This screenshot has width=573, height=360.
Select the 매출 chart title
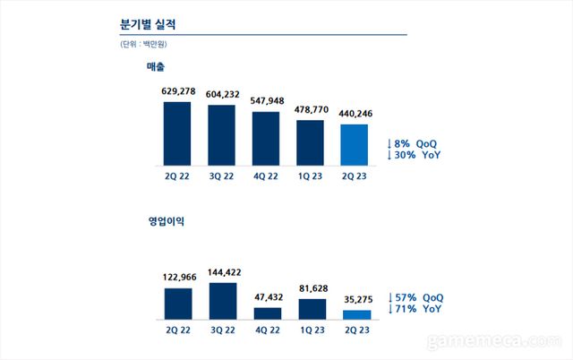point(157,67)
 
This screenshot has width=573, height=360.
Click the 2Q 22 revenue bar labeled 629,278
point(176,133)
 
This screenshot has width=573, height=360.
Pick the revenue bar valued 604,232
point(221,135)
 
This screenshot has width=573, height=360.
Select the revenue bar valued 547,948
point(266,139)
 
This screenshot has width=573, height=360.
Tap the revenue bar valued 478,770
point(311,143)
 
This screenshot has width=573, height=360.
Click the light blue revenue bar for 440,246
point(355,145)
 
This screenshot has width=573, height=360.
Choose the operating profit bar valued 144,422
point(221,301)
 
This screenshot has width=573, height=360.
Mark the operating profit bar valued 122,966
point(176,304)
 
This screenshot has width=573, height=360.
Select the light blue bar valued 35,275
point(355,314)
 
